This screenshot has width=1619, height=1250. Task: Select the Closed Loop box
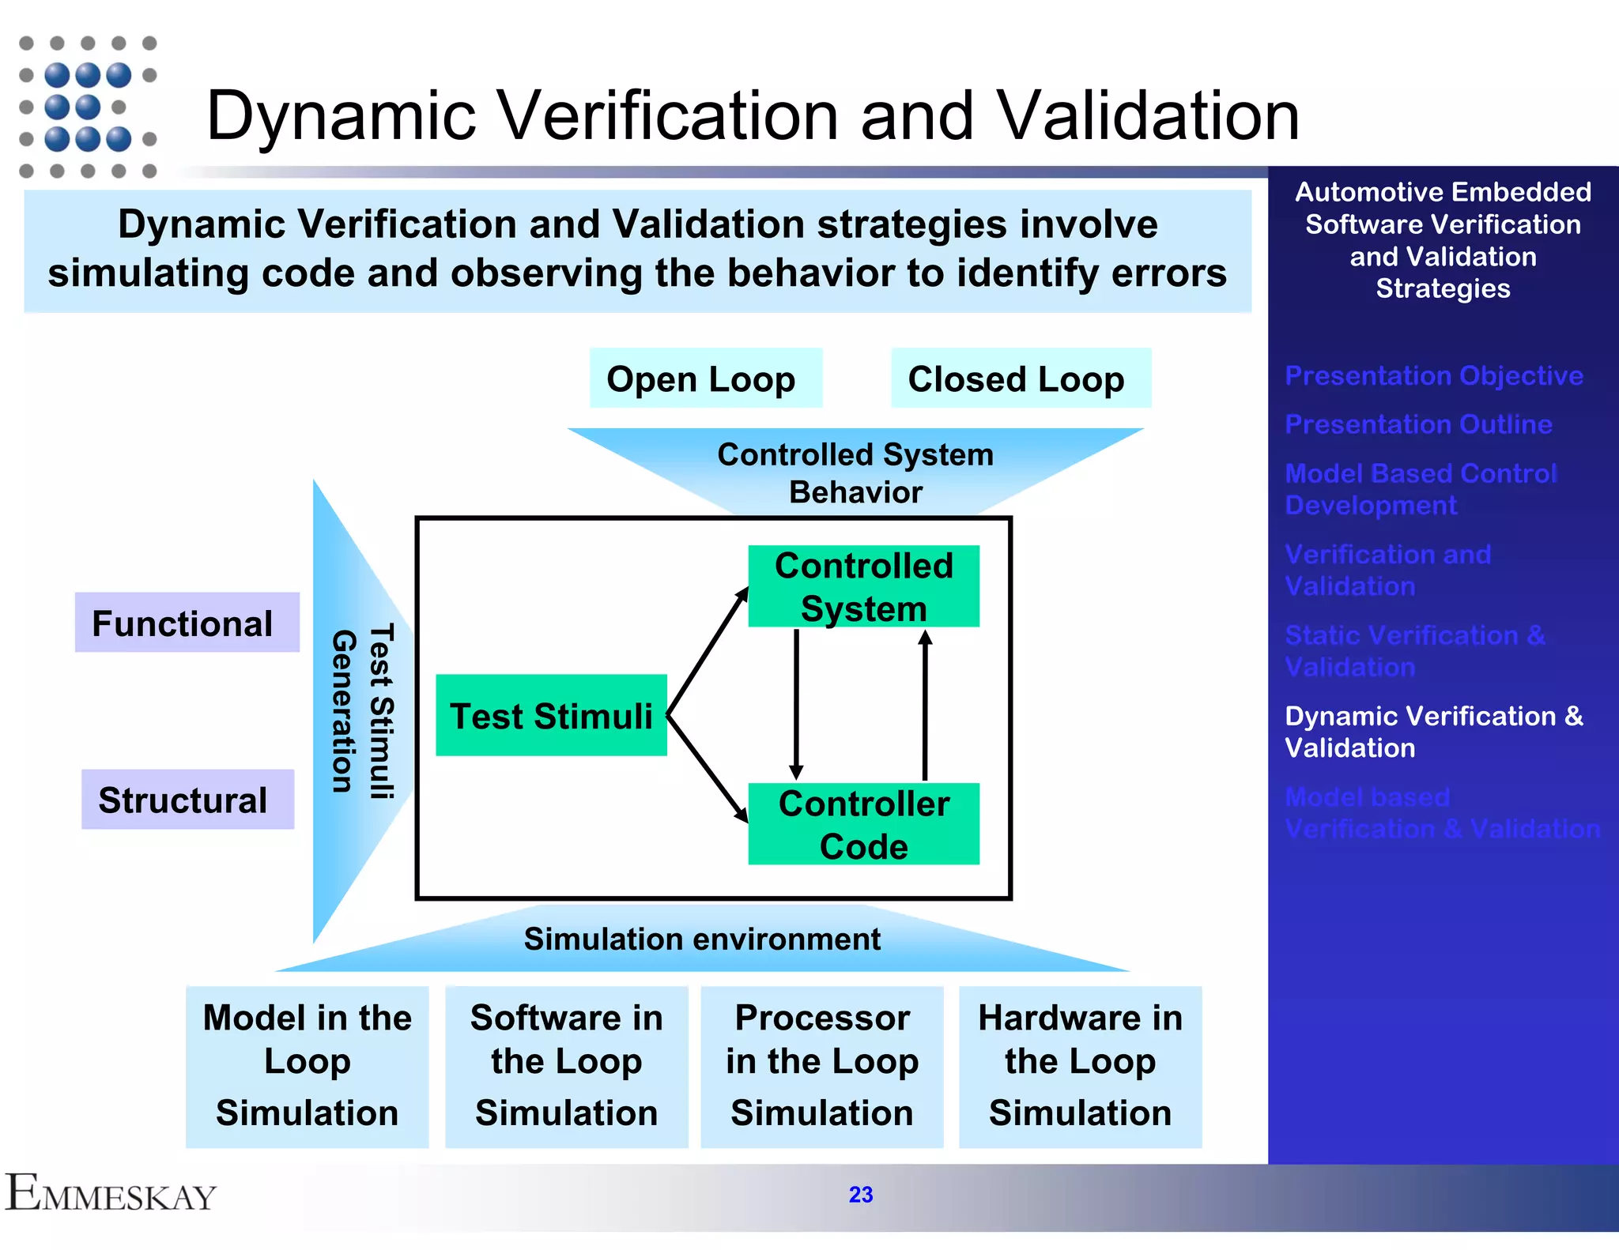click(x=1020, y=378)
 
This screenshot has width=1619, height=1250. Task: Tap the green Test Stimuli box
click(x=551, y=715)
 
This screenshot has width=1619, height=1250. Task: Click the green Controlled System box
click(x=863, y=586)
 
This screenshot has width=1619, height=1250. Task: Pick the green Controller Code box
click(x=863, y=824)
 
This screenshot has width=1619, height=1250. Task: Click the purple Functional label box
click(x=187, y=623)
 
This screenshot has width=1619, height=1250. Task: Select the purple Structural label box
click(x=187, y=800)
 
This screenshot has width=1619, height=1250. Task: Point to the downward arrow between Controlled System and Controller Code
click(x=796, y=703)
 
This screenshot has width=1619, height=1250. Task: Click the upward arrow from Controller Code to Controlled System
click(x=925, y=703)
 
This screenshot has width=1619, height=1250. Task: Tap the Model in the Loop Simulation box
click(x=307, y=1066)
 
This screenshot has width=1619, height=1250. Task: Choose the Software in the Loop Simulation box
click(x=566, y=1066)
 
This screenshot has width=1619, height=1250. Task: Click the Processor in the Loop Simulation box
click(x=821, y=1066)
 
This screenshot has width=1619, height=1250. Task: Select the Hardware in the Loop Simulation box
click(x=1080, y=1066)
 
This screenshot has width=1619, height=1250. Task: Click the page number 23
click(x=860, y=1195)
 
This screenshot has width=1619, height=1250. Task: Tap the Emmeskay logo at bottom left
click(x=111, y=1193)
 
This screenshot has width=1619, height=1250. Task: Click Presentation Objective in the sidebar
click(x=1433, y=375)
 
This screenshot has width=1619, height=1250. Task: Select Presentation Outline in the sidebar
click(x=1418, y=424)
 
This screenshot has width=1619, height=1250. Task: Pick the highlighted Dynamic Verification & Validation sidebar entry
click(x=1432, y=732)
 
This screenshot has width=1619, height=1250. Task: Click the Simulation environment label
click(x=701, y=939)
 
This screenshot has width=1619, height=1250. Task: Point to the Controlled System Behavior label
click(x=855, y=473)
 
